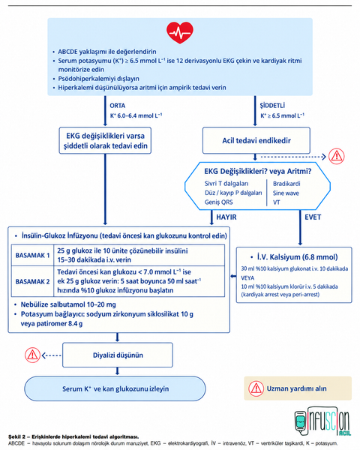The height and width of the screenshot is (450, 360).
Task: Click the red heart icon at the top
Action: [180, 32]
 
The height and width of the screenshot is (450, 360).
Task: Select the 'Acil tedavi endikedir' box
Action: [256, 140]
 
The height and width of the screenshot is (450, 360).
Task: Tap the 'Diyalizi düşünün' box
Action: [118, 355]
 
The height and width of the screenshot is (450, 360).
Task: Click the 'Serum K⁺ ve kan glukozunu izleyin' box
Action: [115, 388]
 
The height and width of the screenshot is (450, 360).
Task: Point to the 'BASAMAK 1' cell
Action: [32, 255]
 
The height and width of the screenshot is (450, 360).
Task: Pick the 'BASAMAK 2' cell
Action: [32, 281]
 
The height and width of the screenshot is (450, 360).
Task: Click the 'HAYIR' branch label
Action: [226, 217]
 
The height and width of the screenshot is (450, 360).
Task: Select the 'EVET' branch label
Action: [313, 217]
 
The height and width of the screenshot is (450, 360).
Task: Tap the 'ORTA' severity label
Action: [118, 106]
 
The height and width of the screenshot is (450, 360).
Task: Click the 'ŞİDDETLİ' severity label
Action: [272, 106]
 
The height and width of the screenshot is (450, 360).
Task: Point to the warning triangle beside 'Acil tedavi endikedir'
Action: [337, 157]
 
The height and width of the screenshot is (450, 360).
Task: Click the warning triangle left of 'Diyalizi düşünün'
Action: [32, 355]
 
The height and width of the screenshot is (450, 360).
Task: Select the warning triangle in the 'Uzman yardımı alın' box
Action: [256, 388]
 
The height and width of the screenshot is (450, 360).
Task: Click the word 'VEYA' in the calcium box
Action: [247, 277]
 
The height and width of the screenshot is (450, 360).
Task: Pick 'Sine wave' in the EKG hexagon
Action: [286, 193]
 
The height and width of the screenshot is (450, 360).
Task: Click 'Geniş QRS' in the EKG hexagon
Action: [218, 202]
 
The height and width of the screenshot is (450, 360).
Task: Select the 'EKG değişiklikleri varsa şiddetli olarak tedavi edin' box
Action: [105, 141]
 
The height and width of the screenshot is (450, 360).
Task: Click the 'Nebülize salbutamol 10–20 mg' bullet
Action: [68, 304]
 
